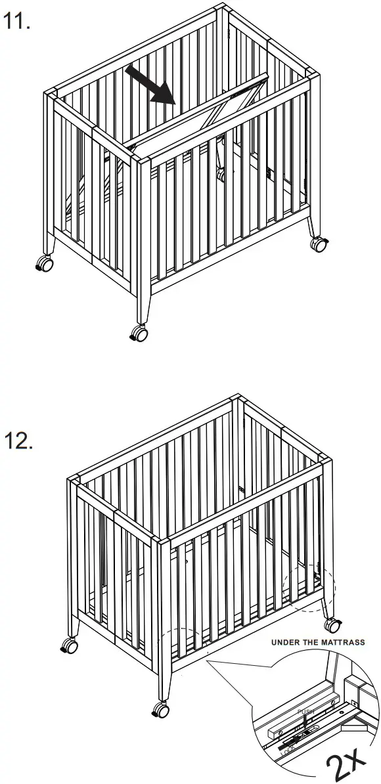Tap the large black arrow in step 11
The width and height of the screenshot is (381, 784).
tap(150, 85)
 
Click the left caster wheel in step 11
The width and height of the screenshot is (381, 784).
tap(45, 263)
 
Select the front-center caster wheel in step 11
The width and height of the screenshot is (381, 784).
tap(139, 334)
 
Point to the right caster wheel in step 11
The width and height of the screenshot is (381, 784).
tap(319, 244)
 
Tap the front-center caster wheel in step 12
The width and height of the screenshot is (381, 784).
tap(160, 709)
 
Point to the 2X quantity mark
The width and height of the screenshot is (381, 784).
tap(346, 763)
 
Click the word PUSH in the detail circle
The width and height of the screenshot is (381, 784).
tap(306, 712)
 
